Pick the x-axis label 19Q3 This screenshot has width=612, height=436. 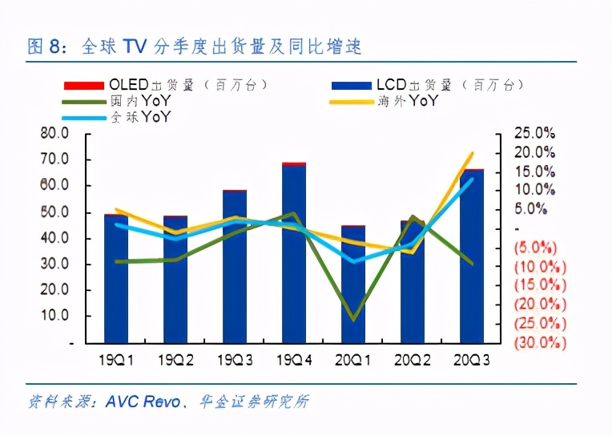[236, 361]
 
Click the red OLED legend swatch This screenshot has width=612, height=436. [83, 84]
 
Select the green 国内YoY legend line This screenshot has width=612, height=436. [83, 101]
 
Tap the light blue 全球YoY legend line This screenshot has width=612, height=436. [83, 118]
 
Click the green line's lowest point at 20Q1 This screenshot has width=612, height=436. [353, 320]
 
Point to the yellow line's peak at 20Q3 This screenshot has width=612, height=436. [472, 153]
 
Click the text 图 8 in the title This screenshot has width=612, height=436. [44, 47]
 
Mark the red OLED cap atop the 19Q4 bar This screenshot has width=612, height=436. [294, 163]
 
